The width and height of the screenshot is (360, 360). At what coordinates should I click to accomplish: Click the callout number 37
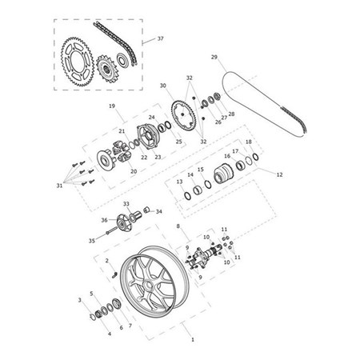[x=160, y=38]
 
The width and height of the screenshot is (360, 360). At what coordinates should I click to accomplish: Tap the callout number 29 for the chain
[x=214, y=57]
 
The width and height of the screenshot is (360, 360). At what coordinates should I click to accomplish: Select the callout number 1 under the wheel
[x=193, y=340]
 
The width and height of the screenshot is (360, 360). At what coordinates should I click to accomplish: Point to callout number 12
[x=279, y=174]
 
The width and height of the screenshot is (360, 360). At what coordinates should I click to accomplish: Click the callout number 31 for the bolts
[x=59, y=186]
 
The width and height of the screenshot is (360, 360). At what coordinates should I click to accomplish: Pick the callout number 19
[x=112, y=106]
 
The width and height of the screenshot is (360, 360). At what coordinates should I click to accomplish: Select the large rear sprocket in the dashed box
[x=78, y=62]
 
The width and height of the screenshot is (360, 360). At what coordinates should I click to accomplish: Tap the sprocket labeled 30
[x=183, y=115]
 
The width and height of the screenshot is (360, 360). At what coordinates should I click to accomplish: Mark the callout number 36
[x=104, y=220]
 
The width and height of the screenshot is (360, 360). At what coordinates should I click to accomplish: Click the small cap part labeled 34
[x=146, y=210]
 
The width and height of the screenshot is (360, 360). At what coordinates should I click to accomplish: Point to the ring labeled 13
[x=188, y=196]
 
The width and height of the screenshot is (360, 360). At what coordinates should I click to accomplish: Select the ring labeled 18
[x=255, y=157]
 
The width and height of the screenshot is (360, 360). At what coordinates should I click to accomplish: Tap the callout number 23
[x=158, y=157]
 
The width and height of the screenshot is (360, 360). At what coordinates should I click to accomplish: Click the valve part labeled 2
[x=114, y=274]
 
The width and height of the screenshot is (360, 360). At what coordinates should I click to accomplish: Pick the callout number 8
[x=178, y=226]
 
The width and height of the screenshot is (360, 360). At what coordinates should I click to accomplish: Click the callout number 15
[x=201, y=170]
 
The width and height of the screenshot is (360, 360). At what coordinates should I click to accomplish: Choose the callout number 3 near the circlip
[x=80, y=300]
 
